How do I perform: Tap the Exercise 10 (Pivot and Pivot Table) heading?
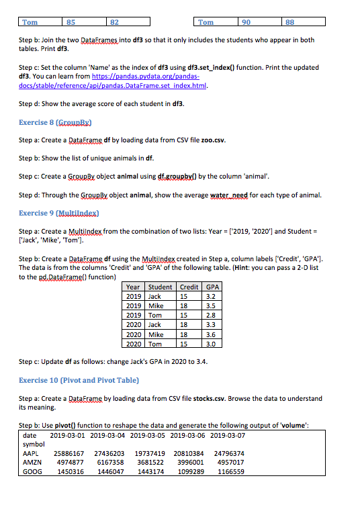click(x=79, y=380)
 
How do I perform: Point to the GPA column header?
click(x=212, y=287)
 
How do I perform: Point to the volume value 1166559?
click(x=230, y=471)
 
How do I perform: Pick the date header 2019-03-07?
click(x=228, y=436)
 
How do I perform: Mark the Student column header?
click(x=160, y=287)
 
